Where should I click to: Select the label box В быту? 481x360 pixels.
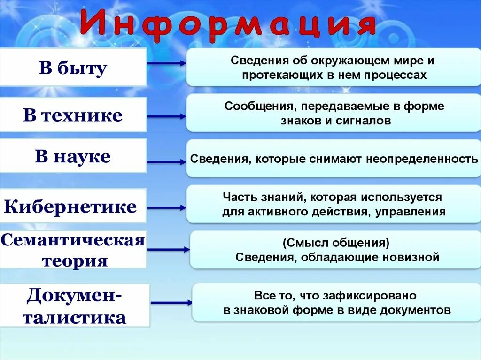(73, 68)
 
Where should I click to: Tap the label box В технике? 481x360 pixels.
(73, 115)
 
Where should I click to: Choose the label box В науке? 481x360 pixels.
(73, 156)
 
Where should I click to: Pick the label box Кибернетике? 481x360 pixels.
(70, 206)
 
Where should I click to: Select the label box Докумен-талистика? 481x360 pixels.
(75, 306)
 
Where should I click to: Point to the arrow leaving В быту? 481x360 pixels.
(167, 63)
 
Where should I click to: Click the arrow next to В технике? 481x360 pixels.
(167, 116)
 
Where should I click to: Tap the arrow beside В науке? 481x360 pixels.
(167, 162)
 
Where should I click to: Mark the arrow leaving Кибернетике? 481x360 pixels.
(167, 207)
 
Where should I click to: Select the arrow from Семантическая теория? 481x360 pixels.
(168, 250)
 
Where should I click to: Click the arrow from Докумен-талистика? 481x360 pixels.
(171, 303)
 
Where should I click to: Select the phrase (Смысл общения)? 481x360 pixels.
(336, 243)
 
